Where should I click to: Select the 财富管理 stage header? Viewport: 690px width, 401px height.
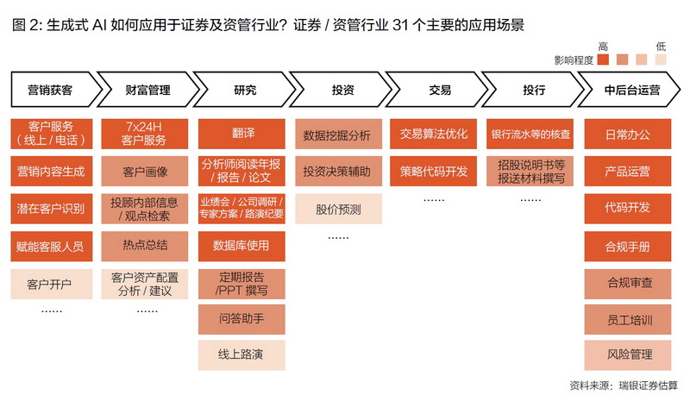tap(147, 90)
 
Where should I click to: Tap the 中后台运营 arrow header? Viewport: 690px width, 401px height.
tap(630, 90)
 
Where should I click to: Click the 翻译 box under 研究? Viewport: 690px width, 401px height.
tap(241, 134)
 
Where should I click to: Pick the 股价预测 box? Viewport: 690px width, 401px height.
tap(338, 209)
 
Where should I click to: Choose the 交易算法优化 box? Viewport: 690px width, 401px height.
tap(433, 134)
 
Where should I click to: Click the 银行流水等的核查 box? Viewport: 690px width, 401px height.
tap(530, 134)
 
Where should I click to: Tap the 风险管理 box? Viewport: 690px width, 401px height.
tap(628, 354)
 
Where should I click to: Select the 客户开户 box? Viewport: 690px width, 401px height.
tap(52, 284)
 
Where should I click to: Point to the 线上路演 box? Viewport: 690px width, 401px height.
tap(241, 354)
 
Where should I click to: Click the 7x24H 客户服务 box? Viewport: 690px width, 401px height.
tap(145, 134)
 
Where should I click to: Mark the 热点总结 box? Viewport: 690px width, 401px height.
tap(145, 246)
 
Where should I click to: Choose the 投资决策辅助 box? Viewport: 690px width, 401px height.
tap(338, 171)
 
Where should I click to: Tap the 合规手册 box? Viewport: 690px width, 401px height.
tap(628, 246)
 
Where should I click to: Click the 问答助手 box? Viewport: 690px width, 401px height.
tap(241, 319)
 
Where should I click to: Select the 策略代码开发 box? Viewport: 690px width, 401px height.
tap(433, 171)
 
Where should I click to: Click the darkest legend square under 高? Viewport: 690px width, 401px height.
tap(603, 60)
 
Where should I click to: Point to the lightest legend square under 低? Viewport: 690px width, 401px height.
tap(661, 60)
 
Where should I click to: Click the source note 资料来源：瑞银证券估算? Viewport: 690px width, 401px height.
tap(624, 385)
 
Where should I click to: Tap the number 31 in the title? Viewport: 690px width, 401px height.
tap(400, 25)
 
